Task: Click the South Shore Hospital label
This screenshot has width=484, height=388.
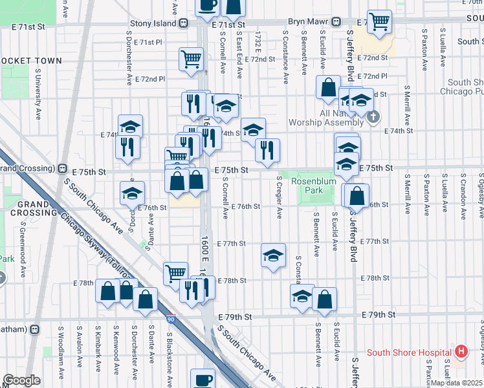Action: (x=409, y=352)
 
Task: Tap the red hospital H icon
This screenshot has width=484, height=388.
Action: (x=461, y=352)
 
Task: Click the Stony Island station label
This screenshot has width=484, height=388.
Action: (x=153, y=23)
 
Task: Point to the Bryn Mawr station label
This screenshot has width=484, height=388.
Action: (x=308, y=21)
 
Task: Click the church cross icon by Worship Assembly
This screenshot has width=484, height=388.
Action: (x=372, y=117)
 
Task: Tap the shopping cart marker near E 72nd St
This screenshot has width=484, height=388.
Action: (x=192, y=59)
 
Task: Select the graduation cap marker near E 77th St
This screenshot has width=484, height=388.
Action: (x=274, y=256)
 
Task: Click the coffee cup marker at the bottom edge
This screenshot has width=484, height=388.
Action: (x=203, y=379)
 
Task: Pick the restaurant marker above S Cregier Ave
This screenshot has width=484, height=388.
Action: (x=267, y=151)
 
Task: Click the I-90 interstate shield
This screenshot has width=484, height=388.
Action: (x=170, y=319)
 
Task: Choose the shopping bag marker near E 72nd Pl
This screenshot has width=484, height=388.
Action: (x=328, y=87)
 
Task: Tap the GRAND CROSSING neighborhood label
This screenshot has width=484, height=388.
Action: (x=28, y=208)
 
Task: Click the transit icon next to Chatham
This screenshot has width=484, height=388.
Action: (x=34, y=329)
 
